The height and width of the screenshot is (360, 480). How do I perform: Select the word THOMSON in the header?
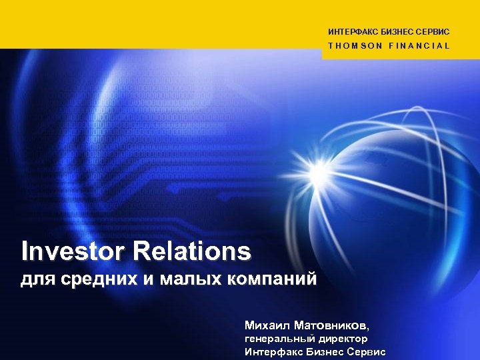coord(355,46)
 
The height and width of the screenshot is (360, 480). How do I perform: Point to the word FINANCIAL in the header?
coord(419,46)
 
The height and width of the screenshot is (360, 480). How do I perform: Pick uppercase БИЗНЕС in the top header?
coord(394,32)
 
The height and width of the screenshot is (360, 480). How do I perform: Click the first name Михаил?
coord(267,326)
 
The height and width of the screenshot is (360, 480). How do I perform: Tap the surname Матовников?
coord(332,326)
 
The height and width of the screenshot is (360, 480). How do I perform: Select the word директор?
coord(339,339)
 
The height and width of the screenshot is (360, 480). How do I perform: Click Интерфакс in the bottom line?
coord(270,352)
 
